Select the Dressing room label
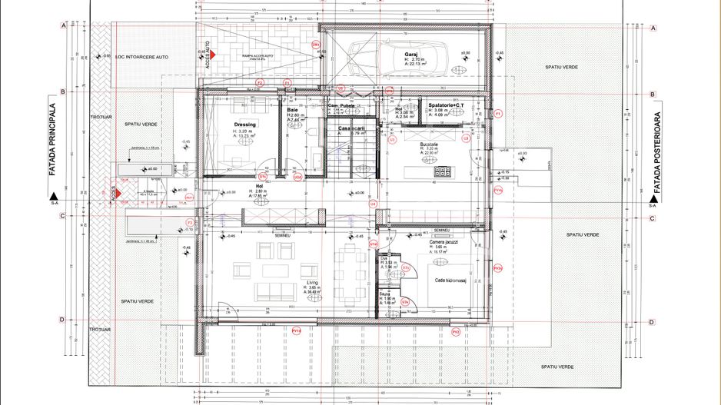245,124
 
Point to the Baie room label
292,110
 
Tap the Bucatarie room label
429,144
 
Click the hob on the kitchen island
444,171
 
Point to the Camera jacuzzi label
444,241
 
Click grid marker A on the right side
652,28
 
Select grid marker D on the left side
61,320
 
